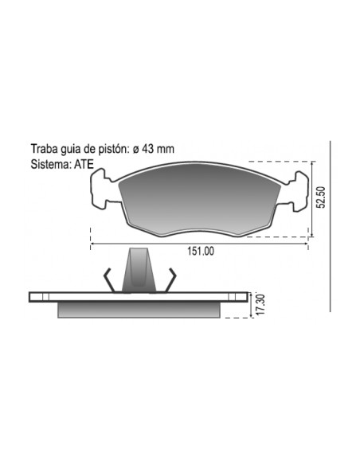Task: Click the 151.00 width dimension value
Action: click(201, 251)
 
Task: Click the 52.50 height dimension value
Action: click(320, 197)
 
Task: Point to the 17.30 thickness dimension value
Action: click(260, 305)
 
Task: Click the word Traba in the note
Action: click(44, 149)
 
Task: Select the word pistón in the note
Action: click(114, 149)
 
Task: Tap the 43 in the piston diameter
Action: click(147, 149)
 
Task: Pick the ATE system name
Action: click(84, 164)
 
